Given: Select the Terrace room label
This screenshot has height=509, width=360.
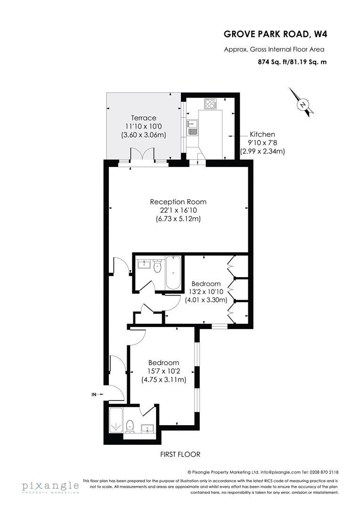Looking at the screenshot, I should coord(143,118).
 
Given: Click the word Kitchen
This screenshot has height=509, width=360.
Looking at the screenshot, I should coord(262,134).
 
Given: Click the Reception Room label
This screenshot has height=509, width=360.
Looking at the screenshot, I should coord(178,202).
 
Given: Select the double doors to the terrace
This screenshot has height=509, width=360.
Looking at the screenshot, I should coord(142,155).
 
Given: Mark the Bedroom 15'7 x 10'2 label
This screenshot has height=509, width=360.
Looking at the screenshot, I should coord(164,362).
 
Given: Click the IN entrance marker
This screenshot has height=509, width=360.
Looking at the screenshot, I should coord(95,394).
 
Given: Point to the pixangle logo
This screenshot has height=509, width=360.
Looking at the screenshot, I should coord(50,486).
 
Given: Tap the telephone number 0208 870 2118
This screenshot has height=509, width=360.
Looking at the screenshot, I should coord(324,471).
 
